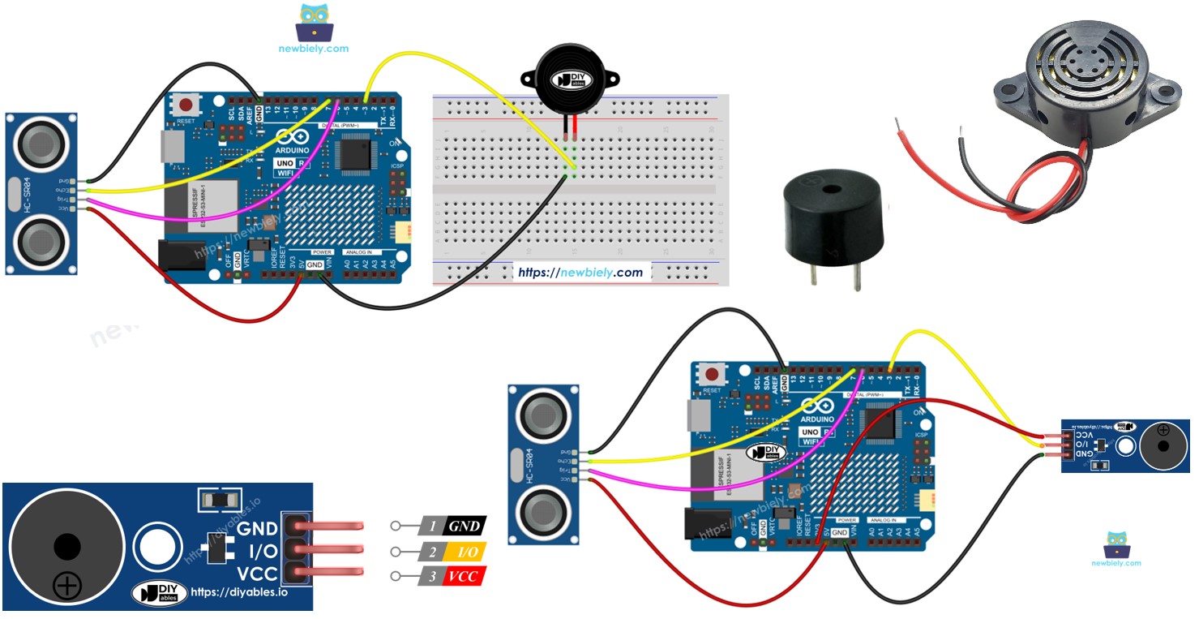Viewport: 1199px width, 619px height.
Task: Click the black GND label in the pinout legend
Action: click(x=465, y=526)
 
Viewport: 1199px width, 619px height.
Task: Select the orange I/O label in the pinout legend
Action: click(x=465, y=552)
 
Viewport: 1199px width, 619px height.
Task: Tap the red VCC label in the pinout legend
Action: click(x=465, y=577)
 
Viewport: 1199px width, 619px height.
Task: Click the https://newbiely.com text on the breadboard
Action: click(x=580, y=273)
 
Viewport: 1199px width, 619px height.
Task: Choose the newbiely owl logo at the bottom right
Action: click(x=1115, y=544)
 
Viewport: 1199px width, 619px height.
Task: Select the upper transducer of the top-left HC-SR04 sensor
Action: click(x=41, y=144)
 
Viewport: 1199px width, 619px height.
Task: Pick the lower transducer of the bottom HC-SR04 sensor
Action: click(x=544, y=512)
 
